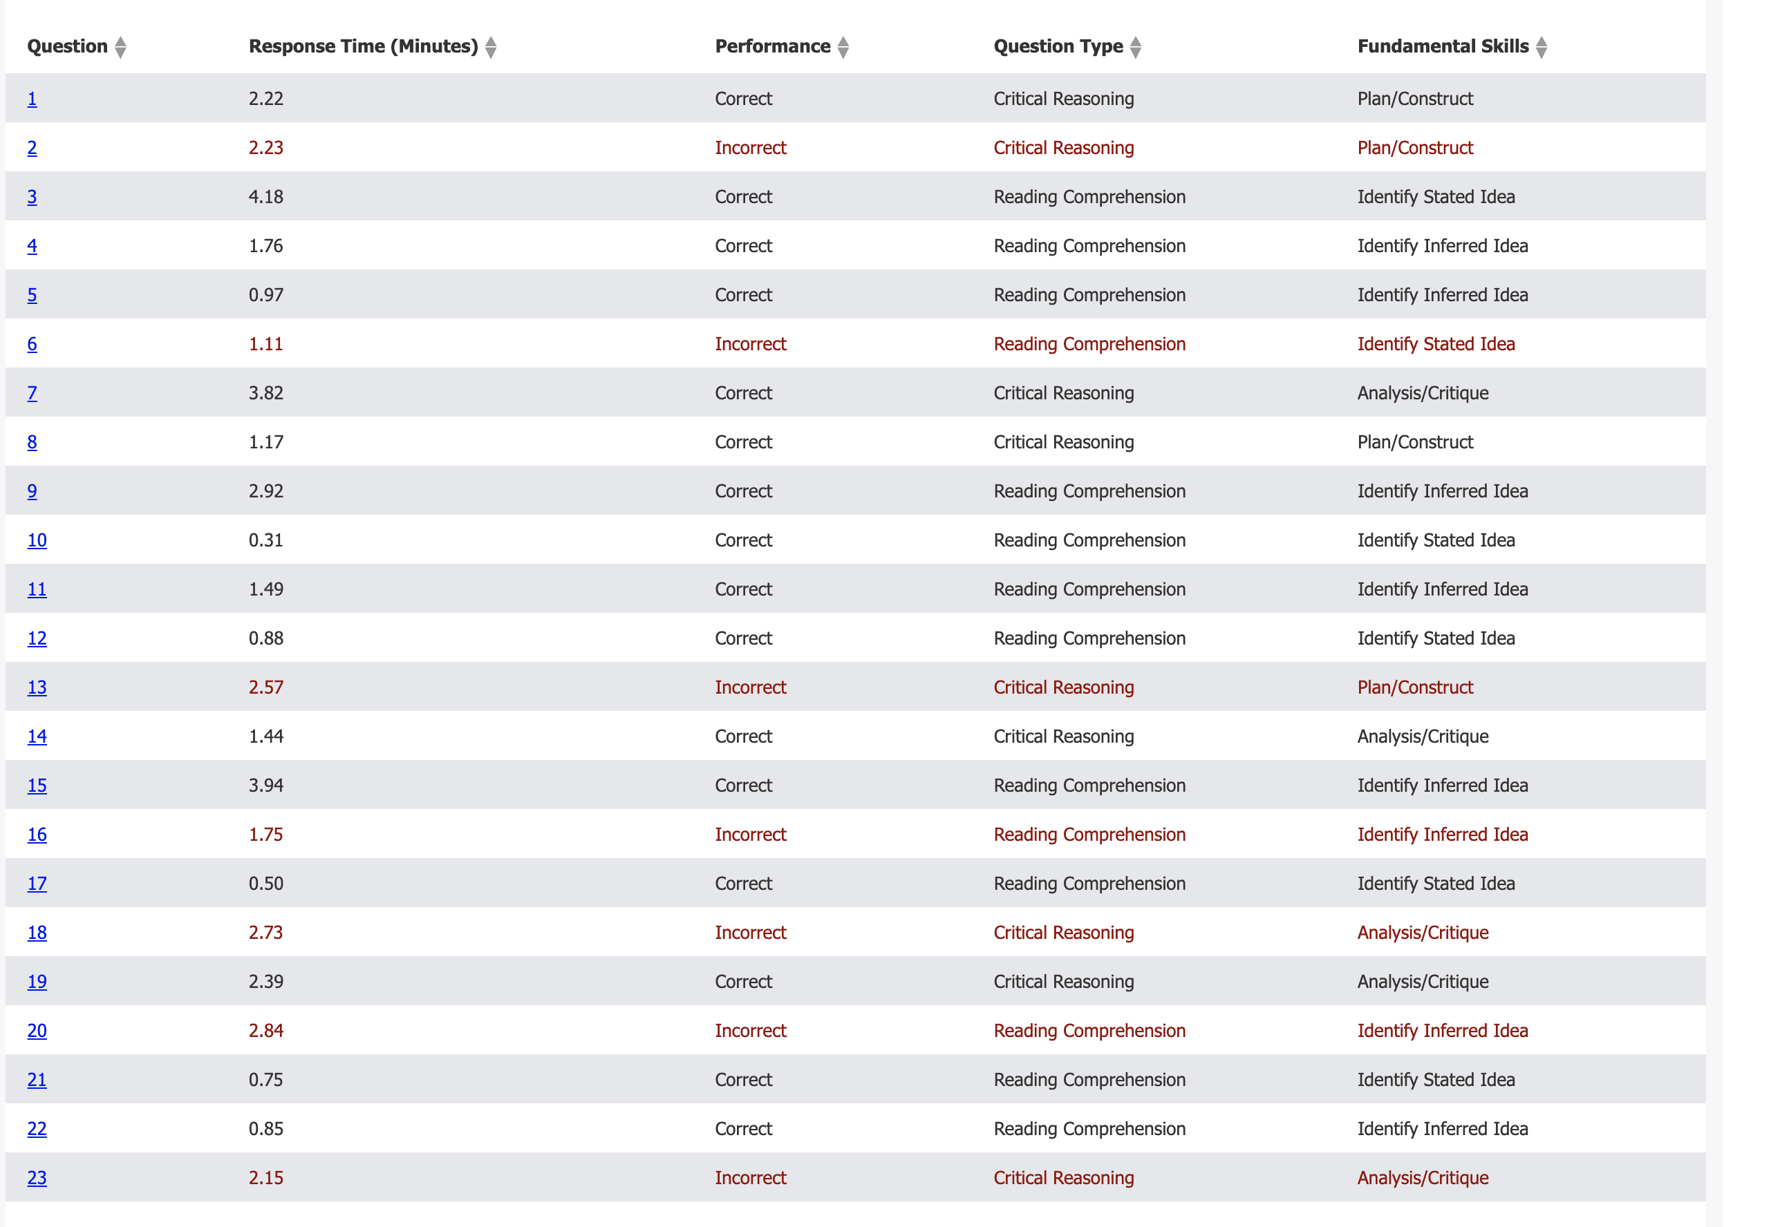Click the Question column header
click(x=67, y=47)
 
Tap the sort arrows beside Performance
click(x=843, y=48)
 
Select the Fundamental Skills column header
click(x=1442, y=47)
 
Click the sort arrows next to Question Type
click(x=1135, y=48)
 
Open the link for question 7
click(x=32, y=393)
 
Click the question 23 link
click(x=37, y=1178)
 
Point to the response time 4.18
click(x=265, y=197)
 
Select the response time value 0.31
click(x=265, y=540)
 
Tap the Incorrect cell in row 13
click(x=750, y=687)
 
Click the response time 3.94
click(x=265, y=786)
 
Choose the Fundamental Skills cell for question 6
click(x=1435, y=345)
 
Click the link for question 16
click(x=37, y=835)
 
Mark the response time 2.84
click(x=265, y=1031)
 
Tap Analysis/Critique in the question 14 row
click(x=1422, y=736)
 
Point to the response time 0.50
click(x=265, y=884)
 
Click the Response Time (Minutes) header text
click(x=363, y=47)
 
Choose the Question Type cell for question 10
click(x=1089, y=540)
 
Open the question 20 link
click(x=37, y=1031)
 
